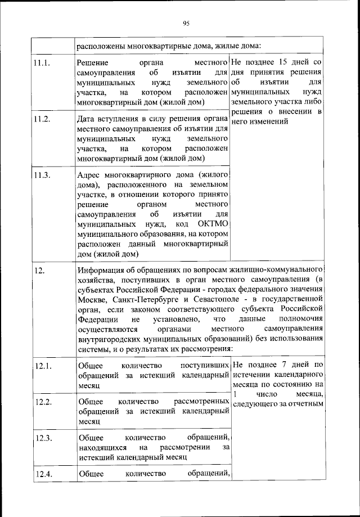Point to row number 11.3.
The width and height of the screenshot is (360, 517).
(42, 175)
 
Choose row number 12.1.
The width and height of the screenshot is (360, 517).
(43, 367)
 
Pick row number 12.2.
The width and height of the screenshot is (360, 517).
(43, 402)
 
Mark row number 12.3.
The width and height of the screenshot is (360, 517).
(43, 438)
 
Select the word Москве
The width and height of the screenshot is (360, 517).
(92, 300)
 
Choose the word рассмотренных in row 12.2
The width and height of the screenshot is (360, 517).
(202, 402)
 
